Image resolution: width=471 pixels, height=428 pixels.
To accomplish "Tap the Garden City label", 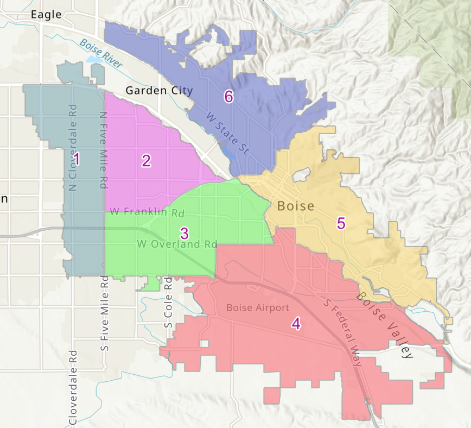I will point(159,91).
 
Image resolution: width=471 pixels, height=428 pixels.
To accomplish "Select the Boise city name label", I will point(296,206).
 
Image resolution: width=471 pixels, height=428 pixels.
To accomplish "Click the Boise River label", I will point(101,53).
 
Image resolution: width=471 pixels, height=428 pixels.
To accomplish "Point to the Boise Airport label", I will point(258,308).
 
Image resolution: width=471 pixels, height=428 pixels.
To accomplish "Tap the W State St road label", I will point(227,133).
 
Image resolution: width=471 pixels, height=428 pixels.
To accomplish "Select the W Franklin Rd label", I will point(147,212).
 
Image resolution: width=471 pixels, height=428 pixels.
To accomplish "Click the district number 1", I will point(76,160).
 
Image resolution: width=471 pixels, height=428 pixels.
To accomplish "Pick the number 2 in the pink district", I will point(146,160).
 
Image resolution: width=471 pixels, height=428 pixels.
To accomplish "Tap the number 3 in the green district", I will point(184,234).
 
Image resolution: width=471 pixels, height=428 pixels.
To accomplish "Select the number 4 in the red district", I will point(296,324).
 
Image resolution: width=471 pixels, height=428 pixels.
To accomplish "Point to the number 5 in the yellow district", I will point(341,223).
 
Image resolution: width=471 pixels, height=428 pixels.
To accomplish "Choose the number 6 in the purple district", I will point(228,97).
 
